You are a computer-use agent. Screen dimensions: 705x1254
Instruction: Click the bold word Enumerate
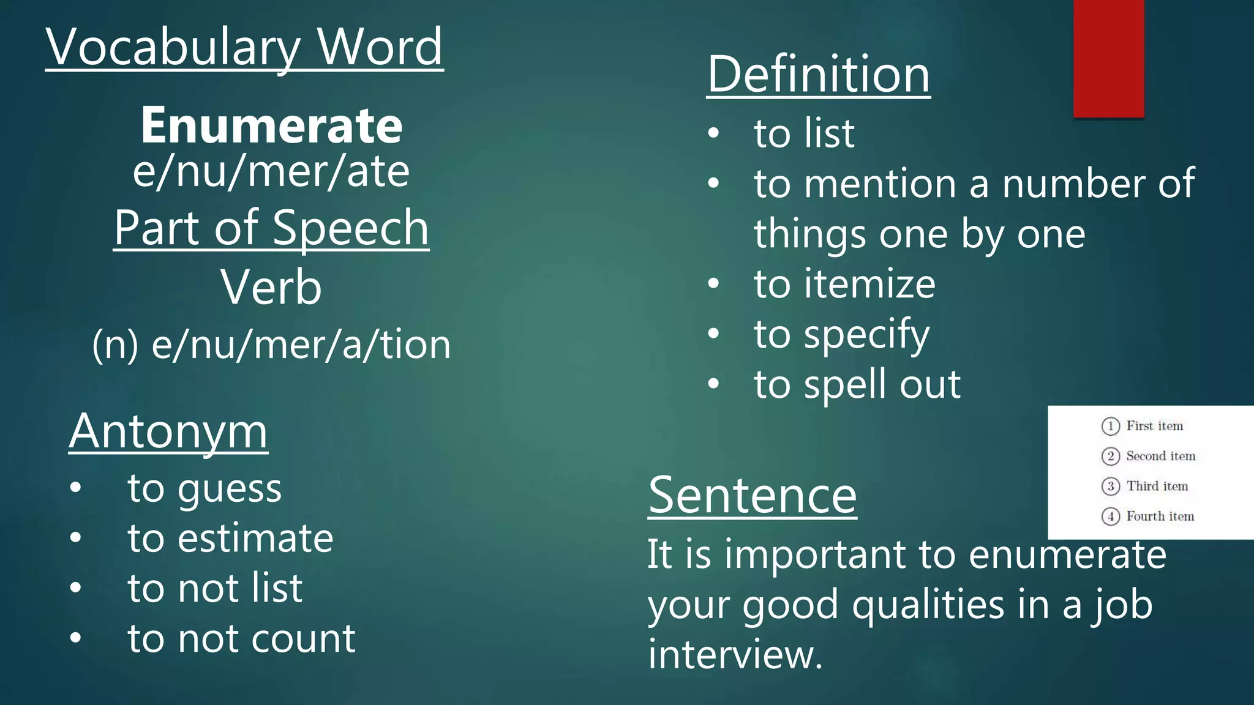pyautogui.click(x=271, y=125)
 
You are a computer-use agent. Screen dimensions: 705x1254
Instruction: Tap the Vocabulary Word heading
pyautogui.click(x=244, y=47)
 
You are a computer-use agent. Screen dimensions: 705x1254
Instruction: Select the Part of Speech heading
pyautogui.click(x=271, y=228)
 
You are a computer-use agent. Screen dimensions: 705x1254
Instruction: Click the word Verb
pyautogui.click(x=271, y=287)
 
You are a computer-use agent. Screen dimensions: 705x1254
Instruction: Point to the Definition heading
pyautogui.click(x=818, y=74)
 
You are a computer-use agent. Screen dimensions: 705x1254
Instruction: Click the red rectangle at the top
pyautogui.click(x=1108, y=58)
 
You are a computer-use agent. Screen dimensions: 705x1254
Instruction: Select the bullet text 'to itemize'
pyautogui.click(x=844, y=284)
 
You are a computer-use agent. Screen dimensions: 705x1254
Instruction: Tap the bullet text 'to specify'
pyautogui.click(x=841, y=335)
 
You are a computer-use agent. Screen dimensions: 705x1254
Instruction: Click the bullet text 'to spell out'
pyautogui.click(x=857, y=384)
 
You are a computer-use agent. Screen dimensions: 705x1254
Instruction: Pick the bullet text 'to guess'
pyautogui.click(x=205, y=489)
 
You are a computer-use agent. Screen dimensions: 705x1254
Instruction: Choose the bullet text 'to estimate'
pyautogui.click(x=230, y=539)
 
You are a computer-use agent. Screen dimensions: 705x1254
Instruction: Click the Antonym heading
pyautogui.click(x=168, y=431)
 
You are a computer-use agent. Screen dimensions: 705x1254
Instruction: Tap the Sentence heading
pyautogui.click(x=753, y=495)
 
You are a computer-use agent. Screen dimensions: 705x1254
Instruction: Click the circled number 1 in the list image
pyautogui.click(x=1110, y=426)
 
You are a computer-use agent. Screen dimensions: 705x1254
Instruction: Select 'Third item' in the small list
pyautogui.click(x=1157, y=486)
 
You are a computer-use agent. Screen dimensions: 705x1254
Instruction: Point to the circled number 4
pyautogui.click(x=1110, y=517)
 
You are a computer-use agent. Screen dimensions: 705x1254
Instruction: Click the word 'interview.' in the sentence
pyautogui.click(x=735, y=654)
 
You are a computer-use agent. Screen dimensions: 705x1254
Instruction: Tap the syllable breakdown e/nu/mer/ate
pyautogui.click(x=271, y=172)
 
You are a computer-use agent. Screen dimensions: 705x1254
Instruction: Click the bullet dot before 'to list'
pyautogui.click(x=713, y=133)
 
